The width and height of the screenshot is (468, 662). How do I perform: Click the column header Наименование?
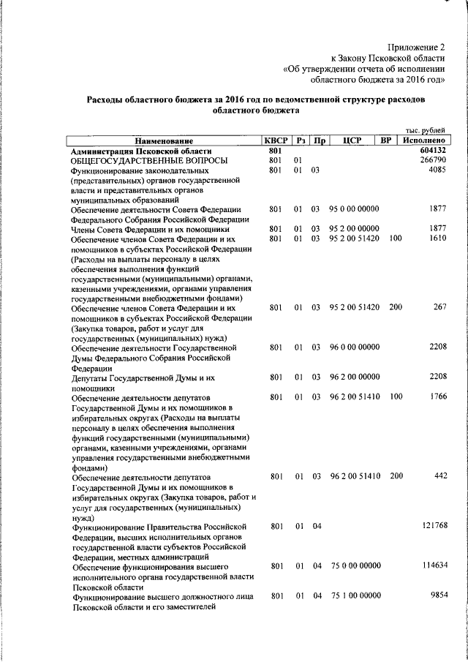pyautogui.click(x=164, y=140)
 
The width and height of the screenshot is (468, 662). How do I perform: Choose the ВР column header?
pyautogui.click(x=388, y=140)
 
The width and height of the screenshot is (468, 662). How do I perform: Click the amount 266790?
pyautogui.click(x=431, y=160)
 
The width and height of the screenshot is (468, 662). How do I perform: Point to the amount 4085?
pyautogui.click(x=436, y=170)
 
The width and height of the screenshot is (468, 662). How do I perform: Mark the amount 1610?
pyautogui.click(x=436, y=239)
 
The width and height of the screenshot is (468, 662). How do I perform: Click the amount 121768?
pyautogui.click(x=431, y=526)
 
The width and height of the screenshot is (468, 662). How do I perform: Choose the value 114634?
pyautogui.click(x=431, y=566)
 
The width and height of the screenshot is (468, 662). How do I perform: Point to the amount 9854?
pyautogui.click(x=436, y=596)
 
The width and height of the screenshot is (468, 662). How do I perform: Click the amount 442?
pyautogui.click(x=439, y=476)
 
